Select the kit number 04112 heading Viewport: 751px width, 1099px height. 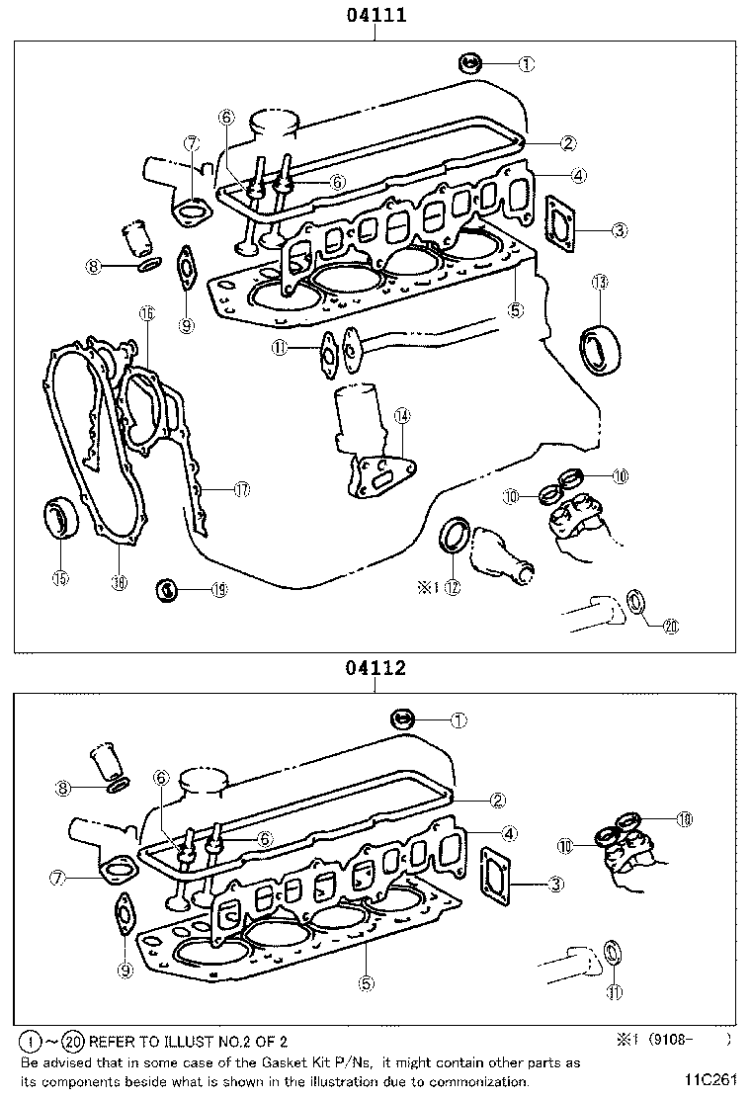[375, 668]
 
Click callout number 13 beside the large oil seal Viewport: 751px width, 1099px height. [599, 283]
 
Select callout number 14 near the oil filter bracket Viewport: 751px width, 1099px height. [401, 416]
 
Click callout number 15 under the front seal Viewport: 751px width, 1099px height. [61, 578]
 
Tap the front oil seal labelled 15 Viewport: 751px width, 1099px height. [61, 520]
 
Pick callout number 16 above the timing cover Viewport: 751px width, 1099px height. [146, 314]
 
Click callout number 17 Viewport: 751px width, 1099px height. [240, 488]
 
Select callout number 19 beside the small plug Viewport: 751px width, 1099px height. [218, 590]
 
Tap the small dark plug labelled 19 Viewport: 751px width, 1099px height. [168, 591]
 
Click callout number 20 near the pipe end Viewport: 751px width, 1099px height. [671, 625]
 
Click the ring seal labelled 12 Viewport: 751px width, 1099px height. [456, 534]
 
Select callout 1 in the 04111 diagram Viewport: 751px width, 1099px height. [526, 64]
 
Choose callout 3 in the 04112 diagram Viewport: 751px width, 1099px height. [556, 884]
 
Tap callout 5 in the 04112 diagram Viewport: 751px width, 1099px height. [366, 982]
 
